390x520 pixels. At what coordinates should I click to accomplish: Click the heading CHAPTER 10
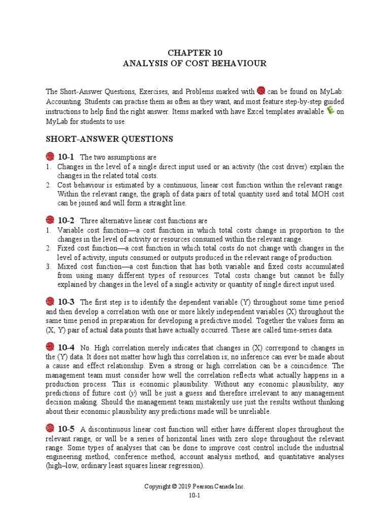click(x=195, y=53)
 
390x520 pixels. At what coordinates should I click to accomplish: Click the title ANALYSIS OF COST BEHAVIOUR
click(x=195, y=63)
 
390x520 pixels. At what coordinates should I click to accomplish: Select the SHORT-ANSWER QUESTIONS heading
click(x=109, y=139)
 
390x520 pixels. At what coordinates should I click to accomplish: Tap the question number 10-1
click(x=66, y=157)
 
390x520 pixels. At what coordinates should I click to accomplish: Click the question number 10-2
click(x=66, y=221)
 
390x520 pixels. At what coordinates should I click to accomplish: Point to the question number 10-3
click(x=66, y=302)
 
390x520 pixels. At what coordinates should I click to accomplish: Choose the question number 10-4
click(x=66, y=347)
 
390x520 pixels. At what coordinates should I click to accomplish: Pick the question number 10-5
click(x=66, y=429)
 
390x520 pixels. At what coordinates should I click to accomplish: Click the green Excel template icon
click(x=330, y=111)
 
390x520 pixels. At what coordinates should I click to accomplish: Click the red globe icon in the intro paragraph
click(x=261, y=91)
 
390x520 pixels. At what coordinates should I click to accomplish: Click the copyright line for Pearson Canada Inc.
click(x=195, y=486)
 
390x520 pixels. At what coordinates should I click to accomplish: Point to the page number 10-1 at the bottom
click(x=195, y=496)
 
